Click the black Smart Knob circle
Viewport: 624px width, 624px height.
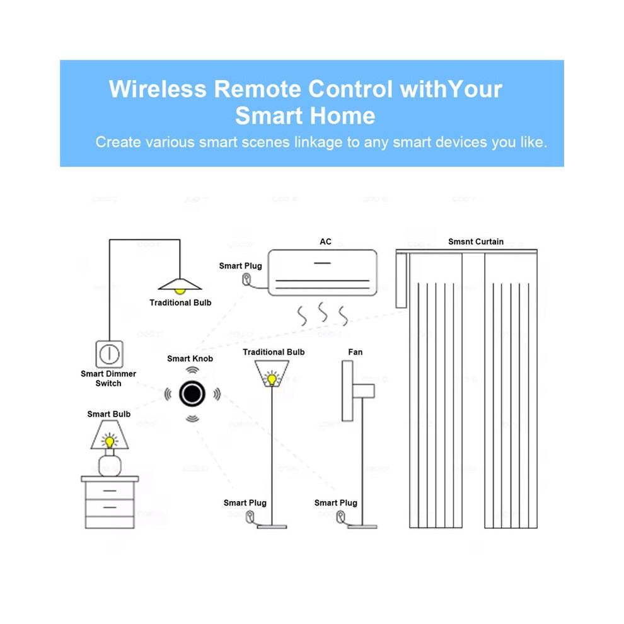192,394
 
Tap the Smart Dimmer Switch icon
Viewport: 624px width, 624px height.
109,354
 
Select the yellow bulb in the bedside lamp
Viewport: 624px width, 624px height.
110,441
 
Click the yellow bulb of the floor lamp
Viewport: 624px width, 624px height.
272,378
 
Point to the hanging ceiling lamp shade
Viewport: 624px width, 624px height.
180,284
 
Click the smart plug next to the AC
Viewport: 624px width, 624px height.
246,279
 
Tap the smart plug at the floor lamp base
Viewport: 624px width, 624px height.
250,517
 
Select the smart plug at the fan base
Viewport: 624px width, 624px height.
340,517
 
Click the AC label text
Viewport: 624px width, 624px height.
325,241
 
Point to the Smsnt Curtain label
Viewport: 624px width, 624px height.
475,241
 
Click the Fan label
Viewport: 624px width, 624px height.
355,352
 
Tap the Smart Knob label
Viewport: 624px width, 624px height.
190,359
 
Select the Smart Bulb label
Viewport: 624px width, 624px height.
108,414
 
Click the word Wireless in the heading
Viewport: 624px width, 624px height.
158,89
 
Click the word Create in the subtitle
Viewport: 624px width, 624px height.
117,142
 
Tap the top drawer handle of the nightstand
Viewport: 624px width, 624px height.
110,490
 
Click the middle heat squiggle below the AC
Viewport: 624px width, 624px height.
323,313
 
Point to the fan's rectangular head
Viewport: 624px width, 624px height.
347,391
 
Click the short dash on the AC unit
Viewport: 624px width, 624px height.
322,263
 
